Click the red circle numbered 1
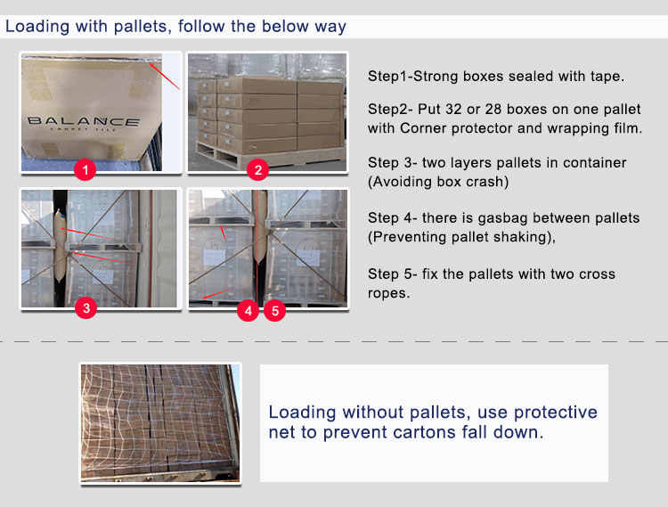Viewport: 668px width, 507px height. click(x=85, y=169)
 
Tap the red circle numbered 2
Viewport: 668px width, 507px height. click(x=257, y=169)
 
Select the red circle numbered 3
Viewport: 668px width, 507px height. click(x=86, y=307)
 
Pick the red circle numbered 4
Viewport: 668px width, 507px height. click(x=248, y=311)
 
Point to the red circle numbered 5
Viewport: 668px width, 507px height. click(x=275, y=311)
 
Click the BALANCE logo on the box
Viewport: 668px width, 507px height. click(x=84, y=122)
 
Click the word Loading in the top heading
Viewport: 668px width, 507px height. click(x=37, y=27)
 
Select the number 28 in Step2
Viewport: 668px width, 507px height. click(x=493, y=109)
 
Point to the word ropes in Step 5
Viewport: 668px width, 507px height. click(x=387, y=293)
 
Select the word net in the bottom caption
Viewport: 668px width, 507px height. click(x=281, y=432)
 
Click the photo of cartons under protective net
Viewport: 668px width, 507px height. click(x=160, y=423)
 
